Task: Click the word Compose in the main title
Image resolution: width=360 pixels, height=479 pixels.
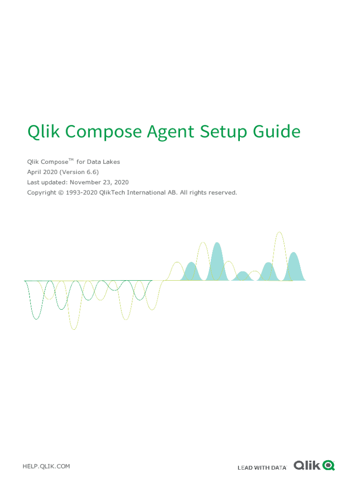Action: coord(103,132)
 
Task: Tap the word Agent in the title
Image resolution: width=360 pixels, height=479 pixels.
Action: coord(170,132)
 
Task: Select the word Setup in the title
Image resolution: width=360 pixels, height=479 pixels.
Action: coord(223,132)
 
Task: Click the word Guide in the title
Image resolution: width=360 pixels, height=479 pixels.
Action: coord(277,131)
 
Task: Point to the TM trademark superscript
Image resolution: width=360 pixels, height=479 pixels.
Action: coord(71,160)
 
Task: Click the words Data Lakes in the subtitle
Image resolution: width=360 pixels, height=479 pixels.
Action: coord(103,162)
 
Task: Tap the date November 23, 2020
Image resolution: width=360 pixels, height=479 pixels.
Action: coord(99,182)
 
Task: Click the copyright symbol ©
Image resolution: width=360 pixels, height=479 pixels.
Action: coord(61,193)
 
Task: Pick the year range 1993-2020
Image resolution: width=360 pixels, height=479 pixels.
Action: coord(81,193)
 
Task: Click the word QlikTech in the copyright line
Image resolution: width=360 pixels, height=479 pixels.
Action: coord(112,193)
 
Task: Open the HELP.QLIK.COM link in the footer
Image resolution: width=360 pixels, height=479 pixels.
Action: coord(46,466)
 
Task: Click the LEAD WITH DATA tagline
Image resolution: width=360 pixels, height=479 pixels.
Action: coord(262,468)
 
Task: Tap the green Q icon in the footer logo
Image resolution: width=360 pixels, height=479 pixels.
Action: coord(329,465)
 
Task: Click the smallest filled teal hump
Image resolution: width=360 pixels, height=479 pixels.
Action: coord(243,276)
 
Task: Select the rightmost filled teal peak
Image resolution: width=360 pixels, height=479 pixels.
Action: coord(294,266)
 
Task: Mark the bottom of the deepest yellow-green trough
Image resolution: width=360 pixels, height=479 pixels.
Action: coord(74,329)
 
